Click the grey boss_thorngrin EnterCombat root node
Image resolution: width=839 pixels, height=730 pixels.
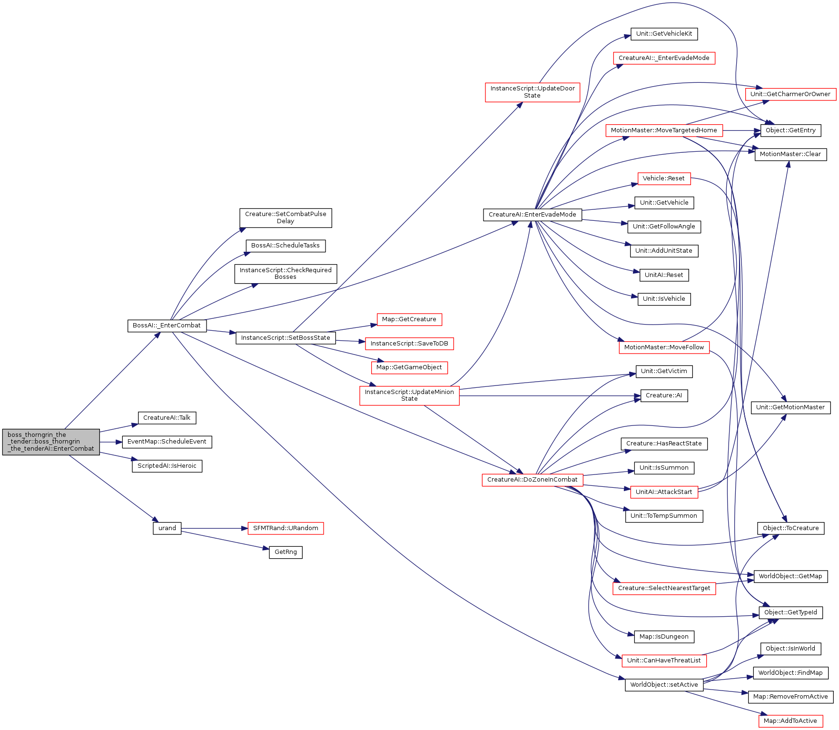point(51,442)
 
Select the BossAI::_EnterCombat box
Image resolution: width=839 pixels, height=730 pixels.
point(167,326)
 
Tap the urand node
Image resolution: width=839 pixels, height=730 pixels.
point(167,528)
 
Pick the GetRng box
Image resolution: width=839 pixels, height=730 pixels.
point(286,552)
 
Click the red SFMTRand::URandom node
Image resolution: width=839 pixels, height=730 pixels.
point(286,528)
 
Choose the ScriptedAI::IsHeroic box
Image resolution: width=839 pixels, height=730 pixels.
point(167,466)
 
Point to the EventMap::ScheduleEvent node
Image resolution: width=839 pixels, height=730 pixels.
point(167,442)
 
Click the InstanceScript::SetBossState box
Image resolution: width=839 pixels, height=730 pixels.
point(286,338)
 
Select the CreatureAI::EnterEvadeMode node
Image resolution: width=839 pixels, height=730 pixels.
point(533,215)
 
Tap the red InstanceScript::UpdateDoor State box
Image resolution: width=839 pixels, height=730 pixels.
point(533,92)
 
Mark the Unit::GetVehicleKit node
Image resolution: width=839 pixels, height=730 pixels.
point(664,34)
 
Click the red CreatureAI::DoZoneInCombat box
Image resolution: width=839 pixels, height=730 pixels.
point(533,480)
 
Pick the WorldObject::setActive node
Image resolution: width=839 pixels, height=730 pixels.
point(664,685)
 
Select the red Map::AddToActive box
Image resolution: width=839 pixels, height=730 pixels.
point(790,721)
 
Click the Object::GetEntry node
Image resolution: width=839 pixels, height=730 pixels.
point(790,130)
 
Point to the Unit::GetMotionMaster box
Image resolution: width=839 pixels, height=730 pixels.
point(790,407)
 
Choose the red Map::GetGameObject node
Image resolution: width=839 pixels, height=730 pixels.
point(409,367)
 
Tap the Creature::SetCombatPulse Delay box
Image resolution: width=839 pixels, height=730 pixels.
point(286,217)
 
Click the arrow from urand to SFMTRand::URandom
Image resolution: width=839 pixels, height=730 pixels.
point(215,528)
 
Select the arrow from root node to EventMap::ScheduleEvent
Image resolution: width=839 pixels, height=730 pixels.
point(111,442)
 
